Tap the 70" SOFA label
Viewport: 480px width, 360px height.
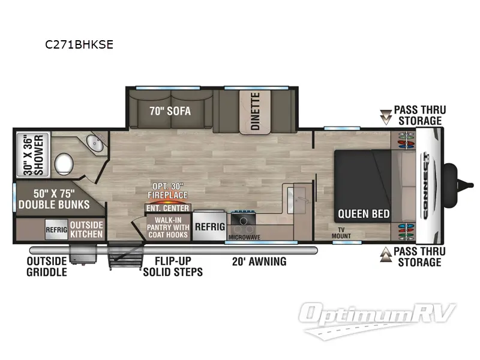(171, 110)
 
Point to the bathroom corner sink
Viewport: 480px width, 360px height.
(94, 144)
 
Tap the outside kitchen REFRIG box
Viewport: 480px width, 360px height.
(56, 229)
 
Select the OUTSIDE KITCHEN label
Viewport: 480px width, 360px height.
(87, 229)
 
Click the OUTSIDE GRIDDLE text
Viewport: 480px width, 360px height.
(46, 266)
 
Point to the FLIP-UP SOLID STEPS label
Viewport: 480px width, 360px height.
(173, 266)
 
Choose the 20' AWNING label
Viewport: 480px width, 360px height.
(259, 262)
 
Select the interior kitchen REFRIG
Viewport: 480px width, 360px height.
(209, 227)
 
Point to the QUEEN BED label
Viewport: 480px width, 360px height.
(364, 214)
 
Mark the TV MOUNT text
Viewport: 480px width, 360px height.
(341, 233)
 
